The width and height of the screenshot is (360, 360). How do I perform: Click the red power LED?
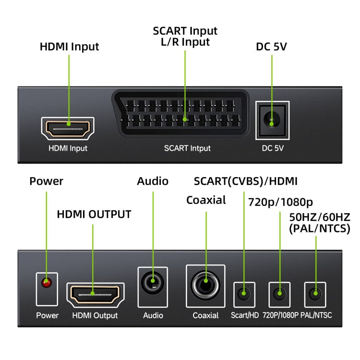pos(47,284)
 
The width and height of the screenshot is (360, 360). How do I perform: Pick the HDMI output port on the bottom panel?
pos(95,294)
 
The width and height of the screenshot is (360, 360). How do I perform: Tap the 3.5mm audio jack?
pos(153,282)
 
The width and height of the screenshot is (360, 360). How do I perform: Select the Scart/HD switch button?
pos(244,293)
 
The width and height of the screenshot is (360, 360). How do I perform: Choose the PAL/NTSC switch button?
pos(315,292)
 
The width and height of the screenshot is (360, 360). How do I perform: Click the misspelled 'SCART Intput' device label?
pos(187,148)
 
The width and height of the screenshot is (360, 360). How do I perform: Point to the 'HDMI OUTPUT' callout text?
pos(94,214)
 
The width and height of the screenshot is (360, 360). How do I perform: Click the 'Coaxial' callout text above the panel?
pos(206,200)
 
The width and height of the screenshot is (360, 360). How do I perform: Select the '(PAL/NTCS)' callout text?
pos(319,229)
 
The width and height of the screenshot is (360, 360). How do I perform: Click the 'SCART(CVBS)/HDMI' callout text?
pos(245,181)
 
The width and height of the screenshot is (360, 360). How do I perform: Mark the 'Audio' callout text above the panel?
pos(153,181)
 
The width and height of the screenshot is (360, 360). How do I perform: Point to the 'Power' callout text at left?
pos(46,181)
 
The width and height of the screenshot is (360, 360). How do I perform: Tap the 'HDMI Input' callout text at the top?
pos(69,47)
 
